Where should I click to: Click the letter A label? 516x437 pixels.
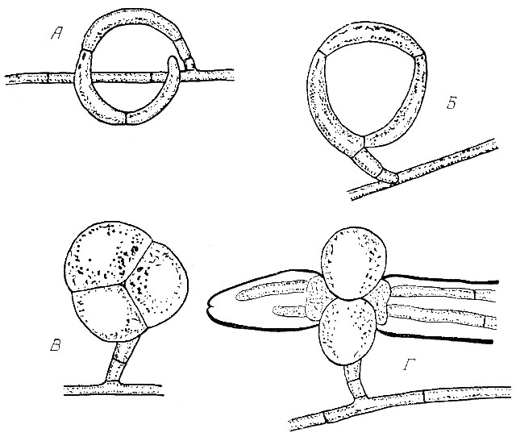click(56, 33)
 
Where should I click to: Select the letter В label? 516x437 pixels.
click(56, 344)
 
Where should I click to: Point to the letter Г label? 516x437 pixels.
click(409, 364)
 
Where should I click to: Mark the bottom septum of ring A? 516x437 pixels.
click(127, 119)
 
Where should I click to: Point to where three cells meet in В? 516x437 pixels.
click(124, 284)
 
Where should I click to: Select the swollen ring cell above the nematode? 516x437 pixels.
click(354, 264)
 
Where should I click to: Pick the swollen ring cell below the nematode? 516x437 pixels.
click(347, 331)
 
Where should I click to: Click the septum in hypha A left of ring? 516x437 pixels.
click(48, 78)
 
